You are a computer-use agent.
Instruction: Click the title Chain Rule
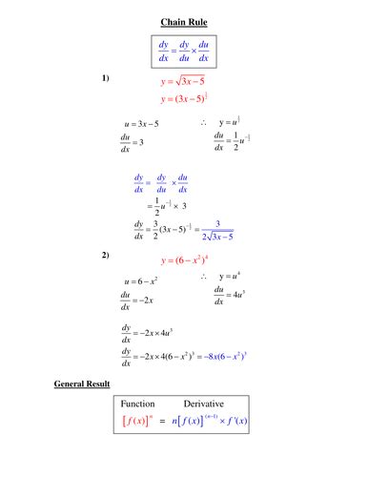[184, 22]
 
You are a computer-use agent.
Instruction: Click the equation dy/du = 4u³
[231, 296]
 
